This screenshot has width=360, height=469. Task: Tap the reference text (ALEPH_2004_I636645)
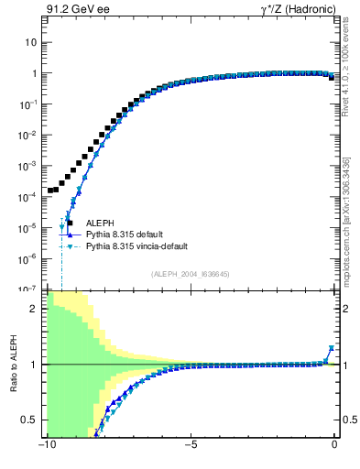click(x=191, y=274)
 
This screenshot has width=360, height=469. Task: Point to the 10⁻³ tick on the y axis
click(x=29, y=166)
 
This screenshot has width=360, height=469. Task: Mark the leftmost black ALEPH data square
click(x=50, y=191)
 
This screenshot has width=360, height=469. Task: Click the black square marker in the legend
click(x=68, y=223)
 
